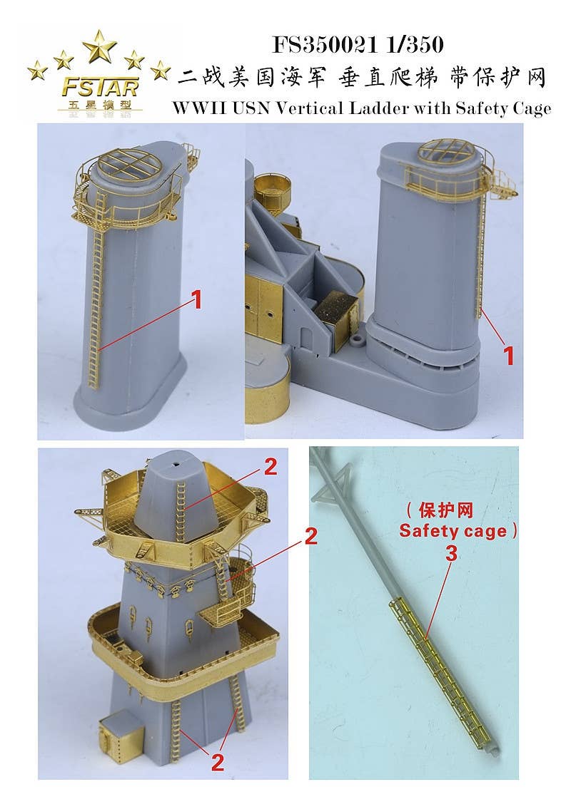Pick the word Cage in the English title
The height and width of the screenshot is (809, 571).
point(532,108)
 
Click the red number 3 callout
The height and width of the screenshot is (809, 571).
point(451,553)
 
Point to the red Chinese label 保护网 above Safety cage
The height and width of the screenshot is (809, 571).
point(447,511)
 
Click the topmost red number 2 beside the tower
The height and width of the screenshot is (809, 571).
point(270,467)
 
